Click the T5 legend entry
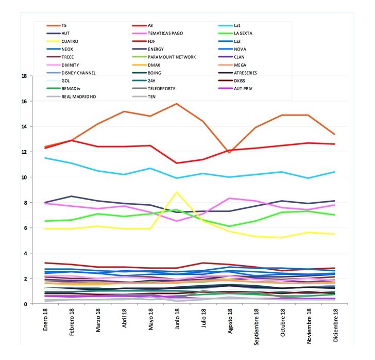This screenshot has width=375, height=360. coord(64,25)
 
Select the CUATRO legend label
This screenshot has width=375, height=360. coord(71,41)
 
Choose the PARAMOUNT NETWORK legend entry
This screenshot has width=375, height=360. coord(172,57)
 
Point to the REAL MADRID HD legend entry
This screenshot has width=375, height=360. coord(78,96)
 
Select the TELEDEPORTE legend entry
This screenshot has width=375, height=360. coord(163,89)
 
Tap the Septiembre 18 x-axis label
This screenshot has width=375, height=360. coord(256,330)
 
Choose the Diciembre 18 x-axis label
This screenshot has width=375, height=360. coord(335,325)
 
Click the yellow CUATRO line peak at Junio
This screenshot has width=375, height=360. coord(177,192)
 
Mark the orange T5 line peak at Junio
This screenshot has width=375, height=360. coord(177,104)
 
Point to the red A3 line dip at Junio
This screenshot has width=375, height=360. coord(177,163)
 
